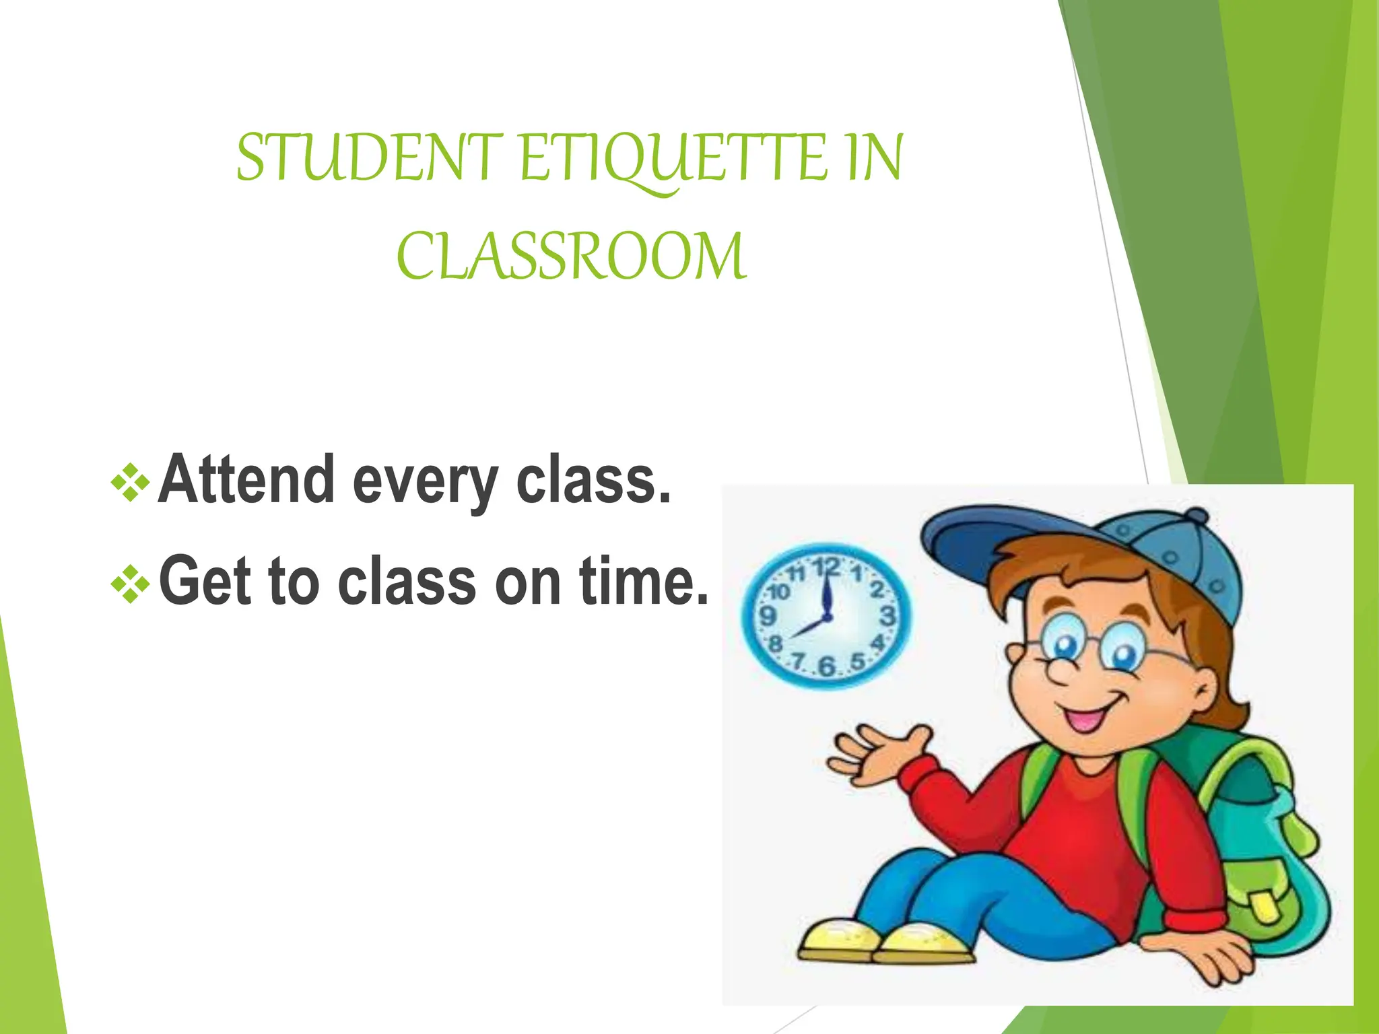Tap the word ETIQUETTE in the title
[673, 160]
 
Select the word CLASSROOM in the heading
[571, 257]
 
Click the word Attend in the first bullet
[246, 479]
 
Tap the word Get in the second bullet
[205, 581]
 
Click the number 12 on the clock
[826, 567]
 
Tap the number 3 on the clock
[887, 615]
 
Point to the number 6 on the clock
[826, 666]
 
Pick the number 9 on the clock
[767, 616]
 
